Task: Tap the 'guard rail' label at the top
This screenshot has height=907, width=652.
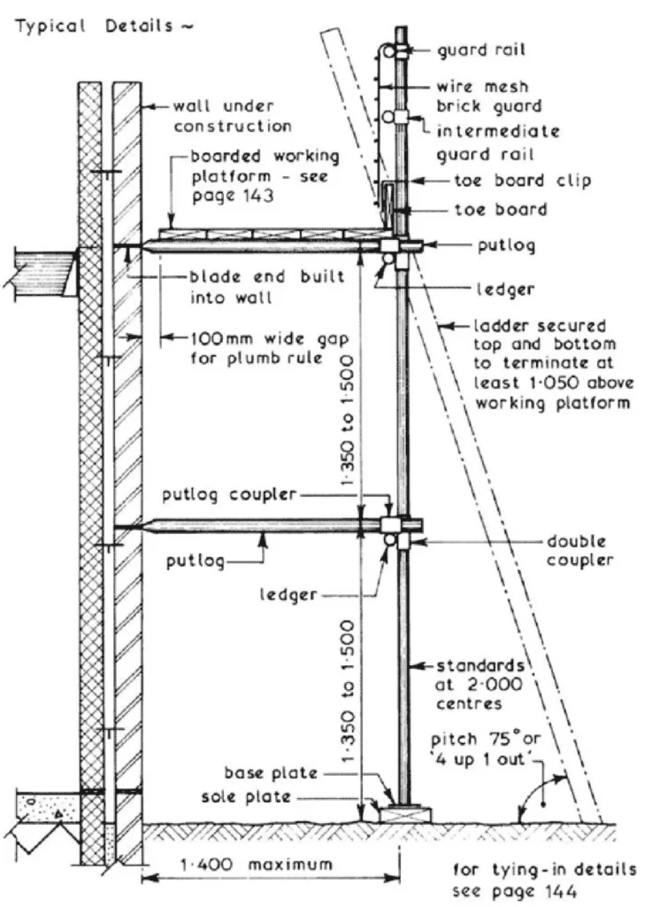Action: pyautogui.click(x=481, y=50)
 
